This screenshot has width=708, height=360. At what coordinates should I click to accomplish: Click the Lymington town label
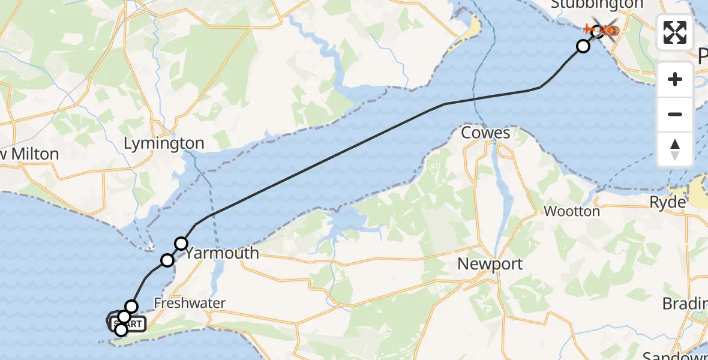164,144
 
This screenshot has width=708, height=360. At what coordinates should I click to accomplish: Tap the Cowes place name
485,133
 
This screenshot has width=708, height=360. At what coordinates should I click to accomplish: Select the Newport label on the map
490,264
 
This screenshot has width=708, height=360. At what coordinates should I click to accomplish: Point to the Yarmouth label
222,253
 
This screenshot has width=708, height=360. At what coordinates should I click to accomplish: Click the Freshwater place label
190,304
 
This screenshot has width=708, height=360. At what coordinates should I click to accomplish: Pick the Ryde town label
667,203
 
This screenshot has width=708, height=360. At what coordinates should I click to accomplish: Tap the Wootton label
571,211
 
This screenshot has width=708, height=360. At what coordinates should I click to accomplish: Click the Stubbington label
588,5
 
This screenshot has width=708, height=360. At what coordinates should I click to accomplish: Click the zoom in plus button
675,79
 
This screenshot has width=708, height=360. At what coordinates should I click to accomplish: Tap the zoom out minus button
675,114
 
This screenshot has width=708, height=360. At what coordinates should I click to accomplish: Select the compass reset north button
675,149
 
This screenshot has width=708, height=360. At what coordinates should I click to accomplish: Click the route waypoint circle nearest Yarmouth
181,244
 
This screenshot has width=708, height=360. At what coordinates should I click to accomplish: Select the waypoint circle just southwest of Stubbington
583,46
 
